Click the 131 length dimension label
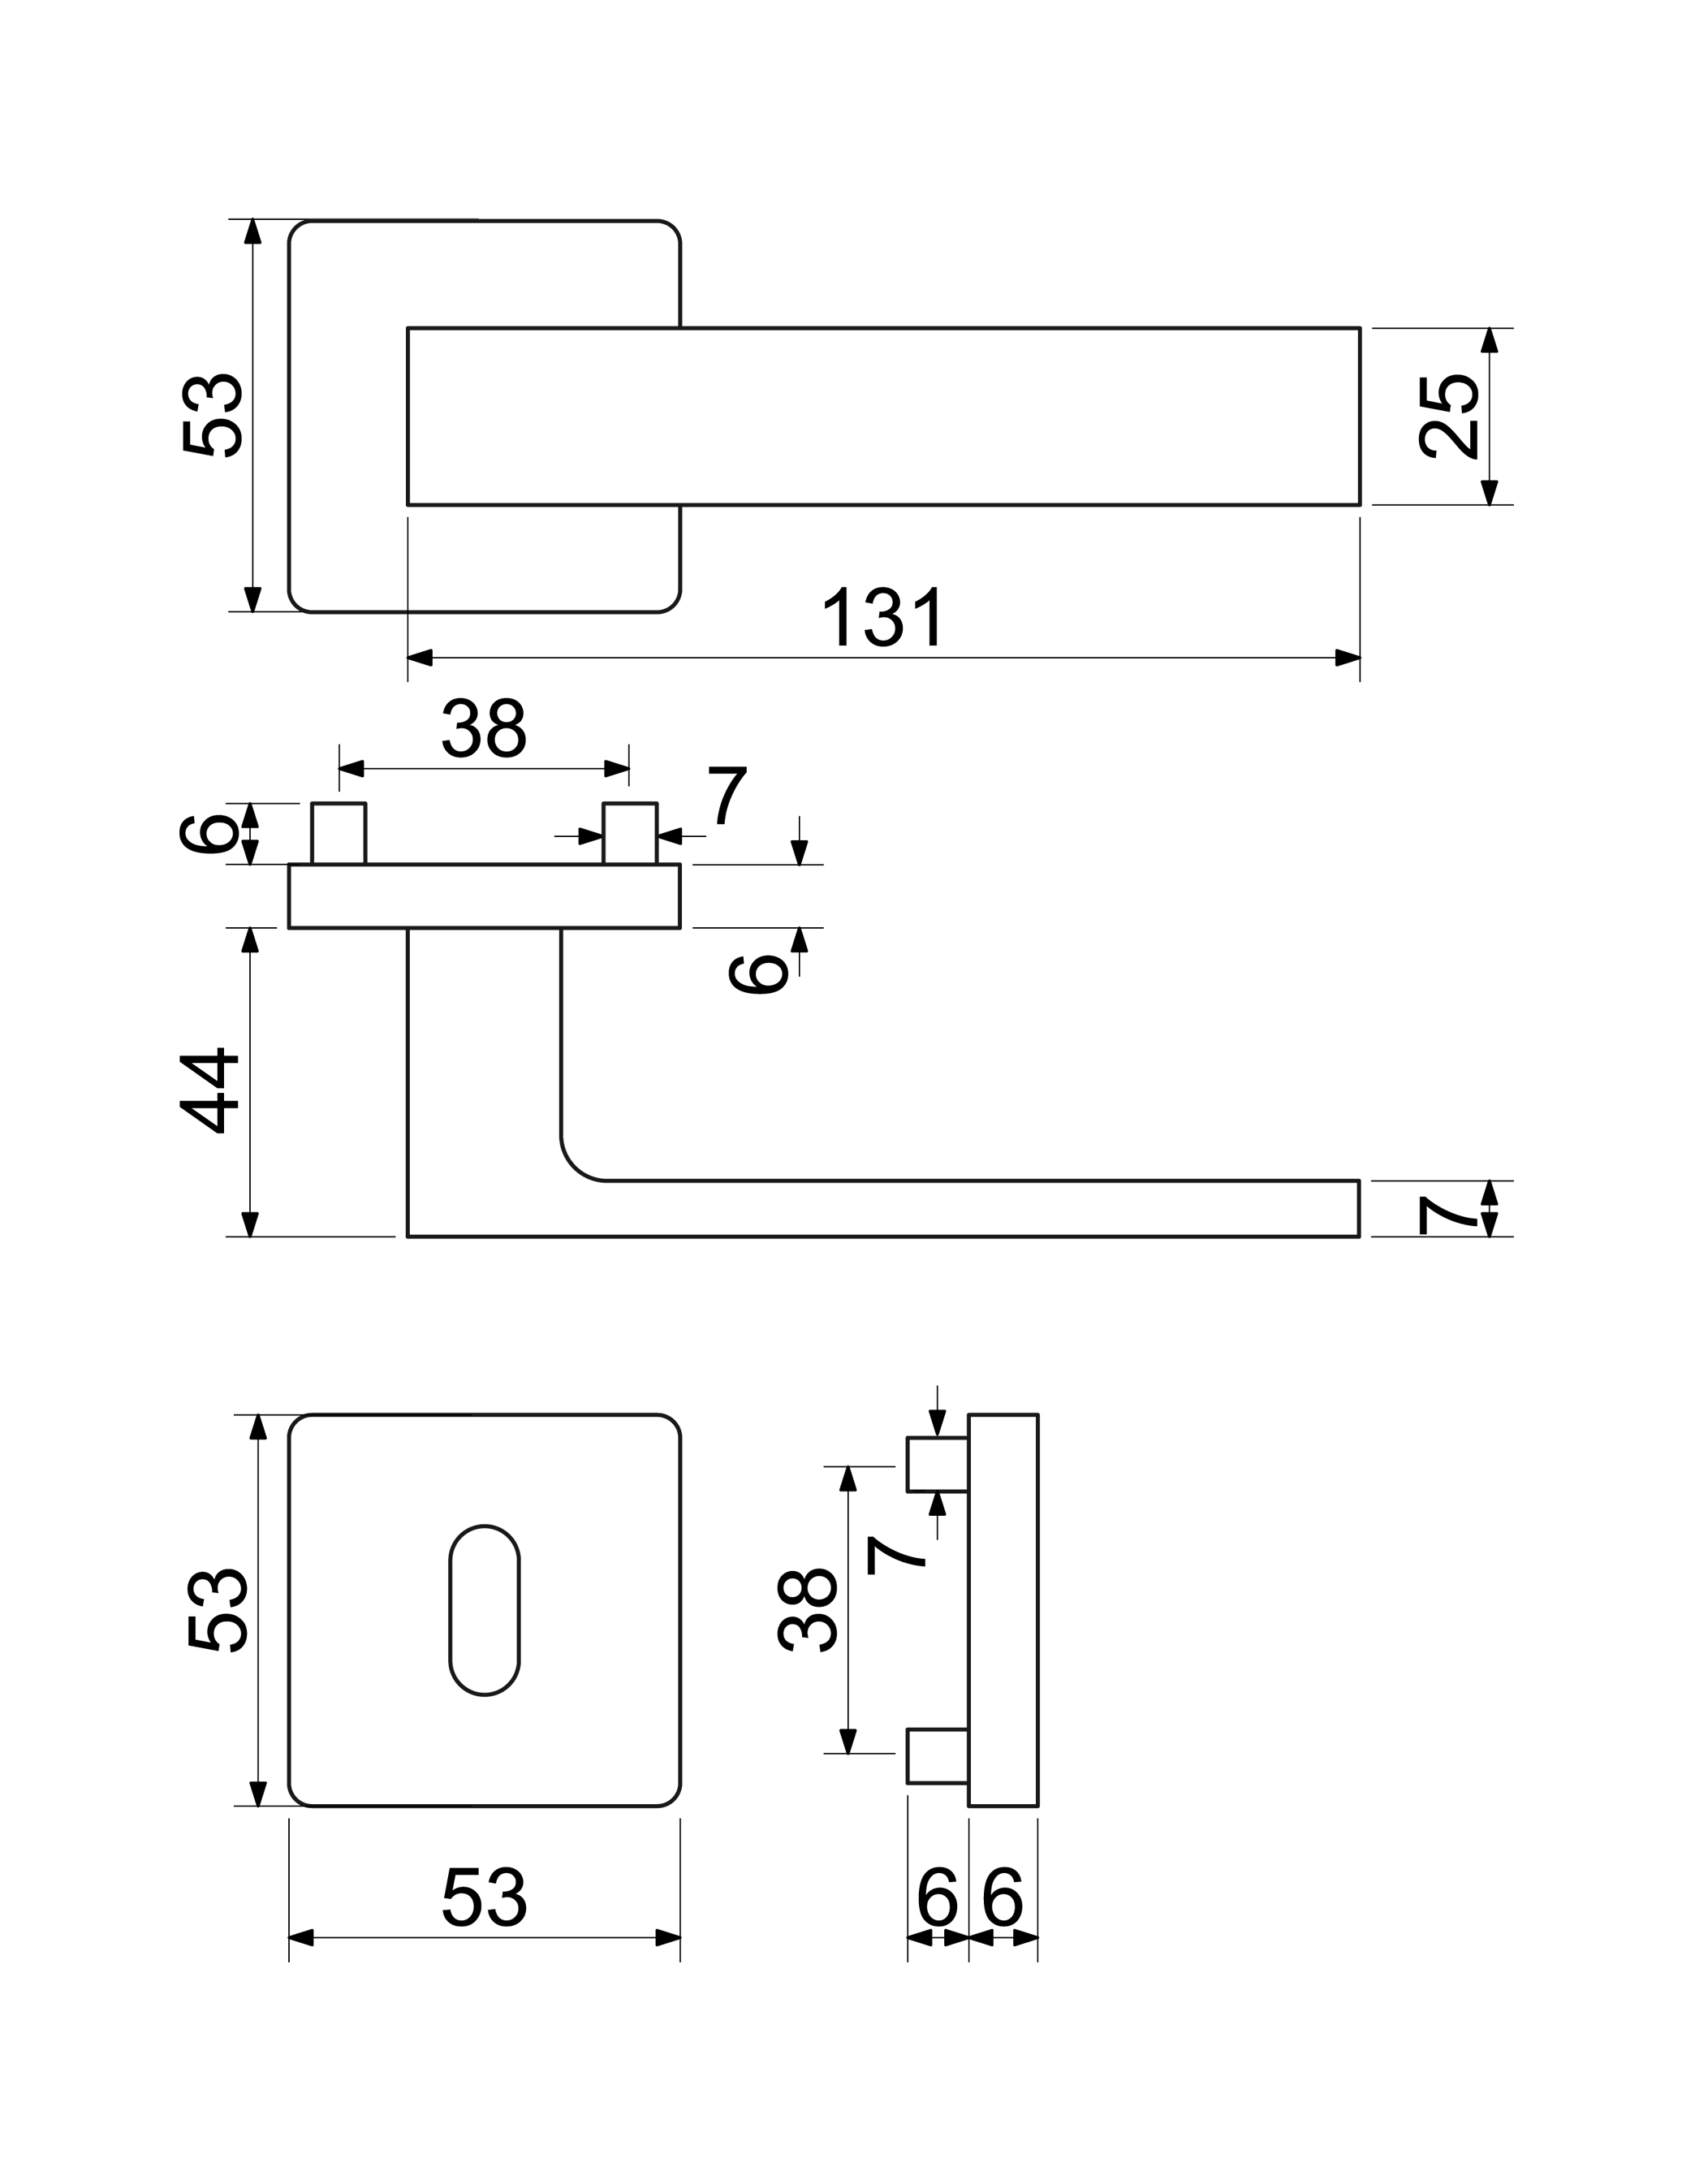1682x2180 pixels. [x=882, y=617]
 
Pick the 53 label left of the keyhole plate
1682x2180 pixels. [x=218, y=1610]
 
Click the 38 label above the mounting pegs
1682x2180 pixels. [x=484, y=727]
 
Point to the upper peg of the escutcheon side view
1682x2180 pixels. [x=938, y=1465]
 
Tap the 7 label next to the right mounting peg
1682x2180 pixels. [x=727, y=795]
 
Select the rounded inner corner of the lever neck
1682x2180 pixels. [x=575, y=1167]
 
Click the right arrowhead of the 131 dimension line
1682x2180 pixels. [x=1347, y=657]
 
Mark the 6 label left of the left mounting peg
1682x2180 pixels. [x=207, y=834]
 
